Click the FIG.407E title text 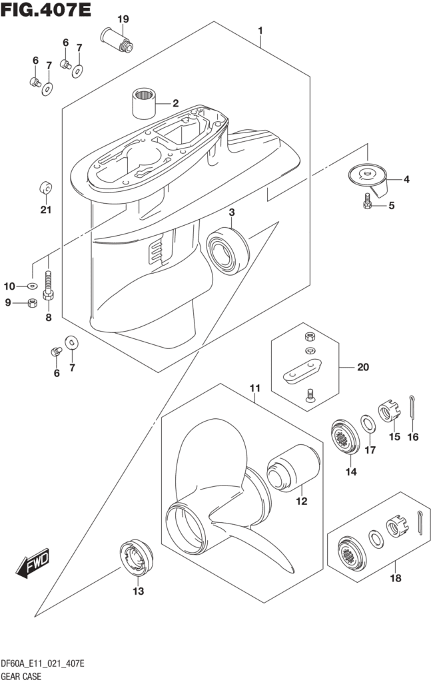pyautogui.click(x=46, y=9)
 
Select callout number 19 pyautogui.click(x=123, y=19)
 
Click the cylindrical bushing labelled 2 pyautogui.click(x=144, y=103)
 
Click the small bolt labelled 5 pyautogui.click(x=367, y=201)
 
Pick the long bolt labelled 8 pyautogui.click(x=48, y=285)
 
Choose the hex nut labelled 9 pyautogui.click(x=31, y=303)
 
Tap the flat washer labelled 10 pyautogui.click(x=32, y=286)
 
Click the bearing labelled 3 pyautogui.click(x=228, y=250)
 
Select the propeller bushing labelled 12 pyautogui.click(x=292, y=468)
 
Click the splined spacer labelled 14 pyautogui.click(x=345, y=437)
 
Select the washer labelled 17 pyautogui.click(x=368, y=424)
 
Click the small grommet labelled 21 pyautogui.click(x=46, y=188)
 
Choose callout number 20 pyautogui.click(x=362, y=367)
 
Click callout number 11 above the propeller pyautogui.click(x=255, y=388)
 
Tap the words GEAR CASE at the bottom pyautogui.click(x=21, y=677)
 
